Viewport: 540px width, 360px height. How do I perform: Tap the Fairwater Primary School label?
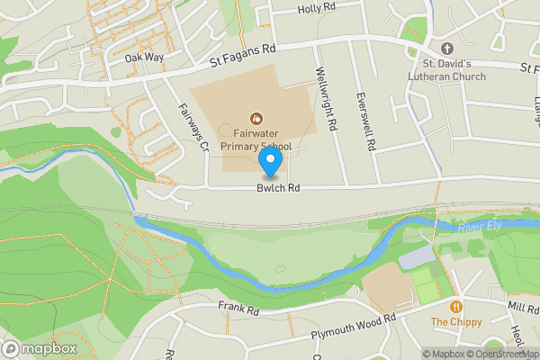[256, 139]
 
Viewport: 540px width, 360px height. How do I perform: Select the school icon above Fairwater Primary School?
[256, 117]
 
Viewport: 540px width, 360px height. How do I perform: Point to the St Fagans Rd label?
[242, 57]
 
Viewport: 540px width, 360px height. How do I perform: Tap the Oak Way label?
[145, 58]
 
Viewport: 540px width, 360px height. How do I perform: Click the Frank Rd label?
[238, 309]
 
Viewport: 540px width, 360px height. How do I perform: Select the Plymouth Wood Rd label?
[353, 323]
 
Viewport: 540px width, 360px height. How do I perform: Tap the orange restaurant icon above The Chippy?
[456, 306]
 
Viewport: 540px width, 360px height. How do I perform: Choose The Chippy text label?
[456, 322]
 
